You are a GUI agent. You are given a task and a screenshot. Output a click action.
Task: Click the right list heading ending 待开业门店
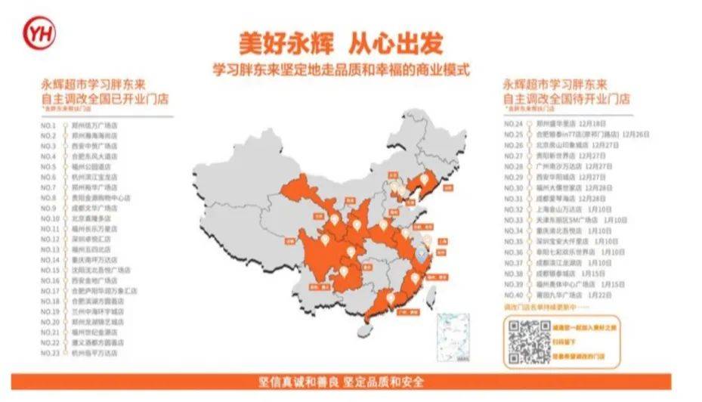(567, 99)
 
